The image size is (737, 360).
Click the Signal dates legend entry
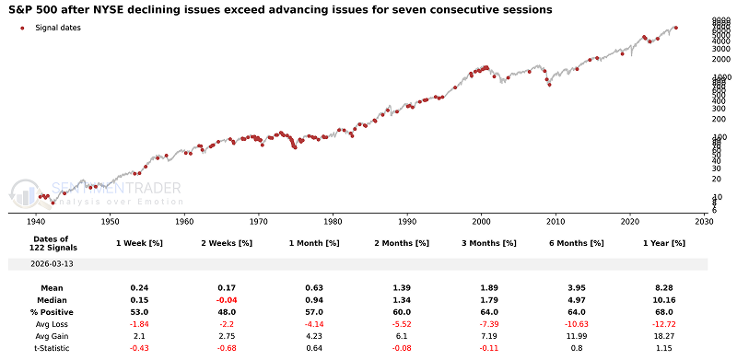(57, 29)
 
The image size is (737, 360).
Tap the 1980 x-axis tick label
(333, 222)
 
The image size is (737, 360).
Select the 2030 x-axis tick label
(705, 222)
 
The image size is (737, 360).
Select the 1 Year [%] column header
(664, 242)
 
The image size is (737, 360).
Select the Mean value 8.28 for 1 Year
(664, 287)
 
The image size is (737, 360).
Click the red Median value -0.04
(224, 299)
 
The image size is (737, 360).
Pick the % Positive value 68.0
(664, 311)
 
